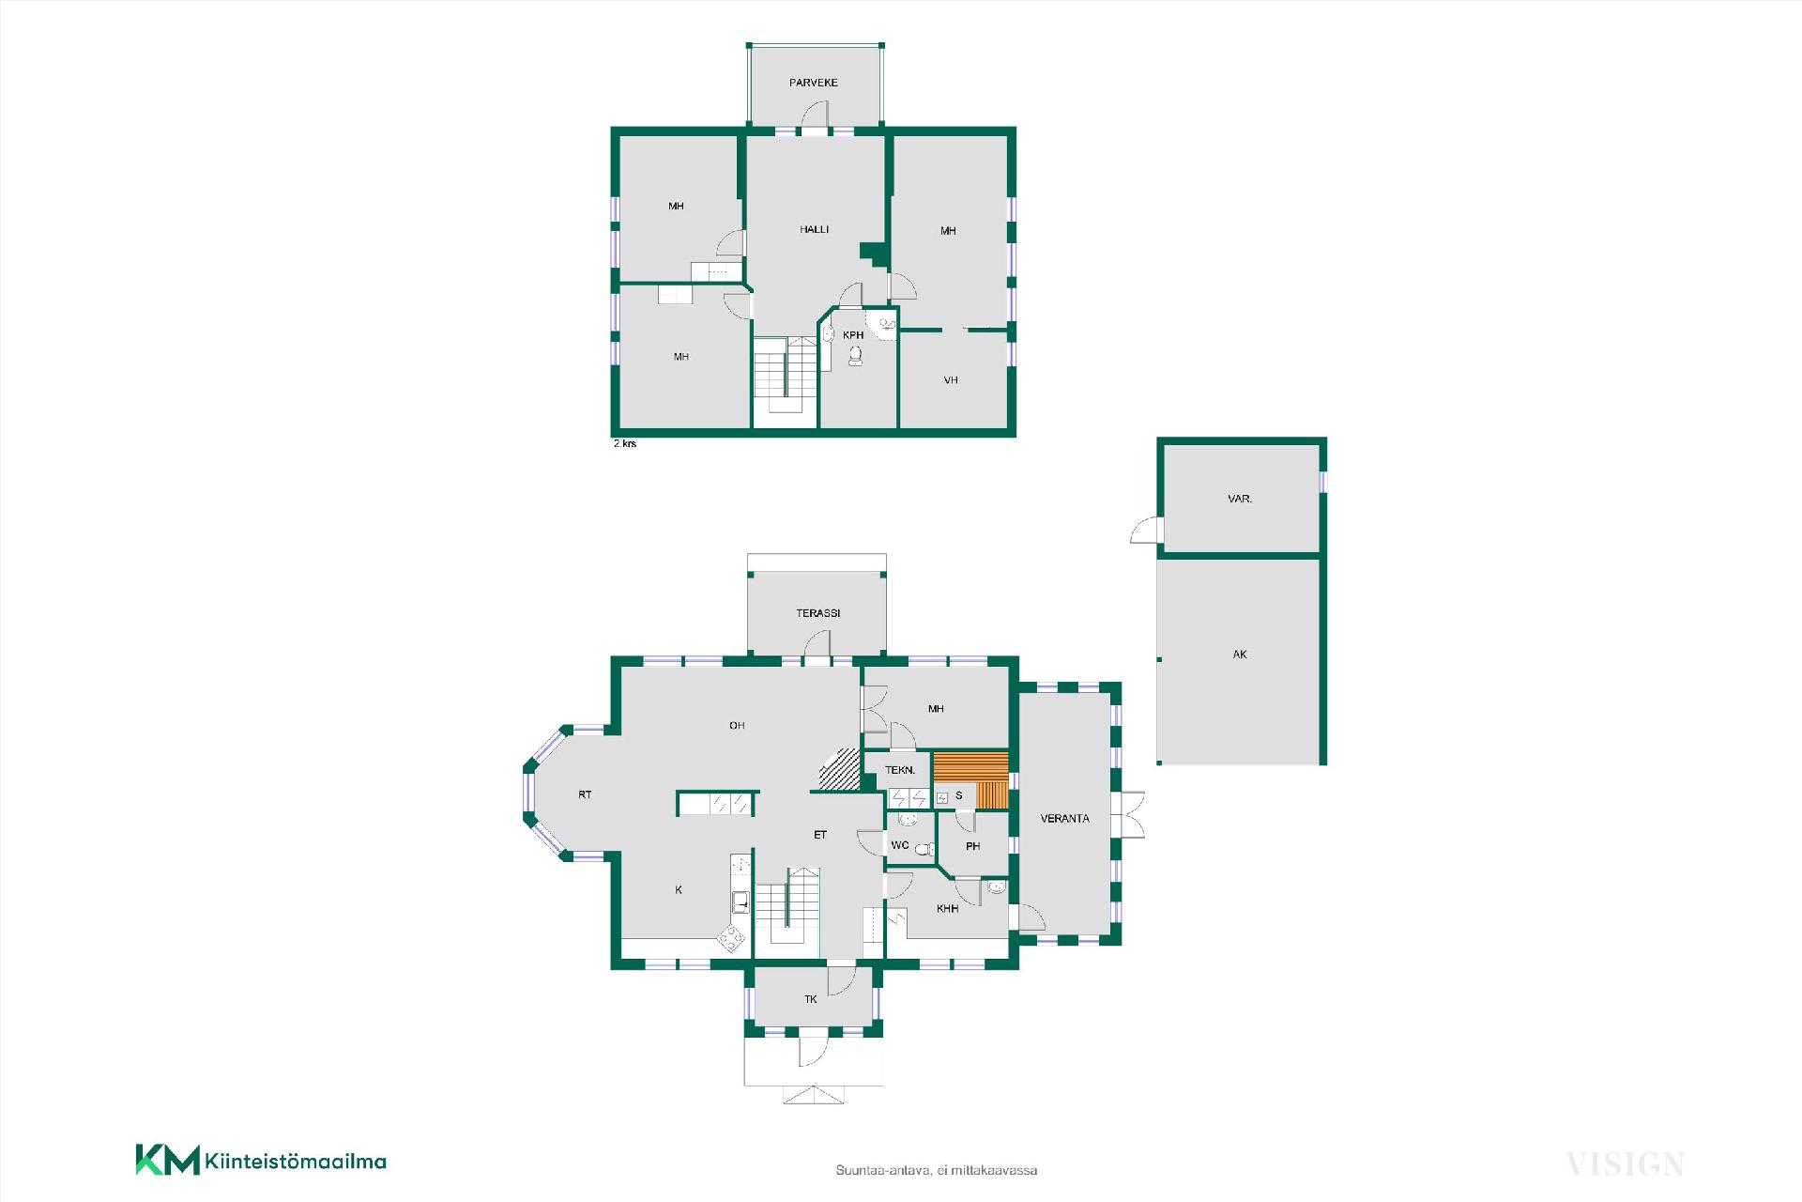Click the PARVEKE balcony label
(x=813, y=83)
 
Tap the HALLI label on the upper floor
(x=815, y=229)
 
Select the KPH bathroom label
(x=853, y=335)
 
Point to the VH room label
(x=951, y=380)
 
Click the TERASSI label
(x=818, y=613)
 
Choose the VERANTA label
(x=1065, y=819)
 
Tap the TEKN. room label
(x=900, y=771)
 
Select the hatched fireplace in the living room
(x=840, y=769)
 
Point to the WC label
(x=899, y=845)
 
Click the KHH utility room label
(x=947, y=909)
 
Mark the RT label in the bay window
(x=585, y=794)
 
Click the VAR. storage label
(x=1240, y=499)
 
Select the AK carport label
(x=1240, y=655)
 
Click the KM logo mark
(x=168, y=1160)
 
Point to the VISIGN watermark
(x=1625, y=1164)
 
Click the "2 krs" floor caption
(x=625, y=443)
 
